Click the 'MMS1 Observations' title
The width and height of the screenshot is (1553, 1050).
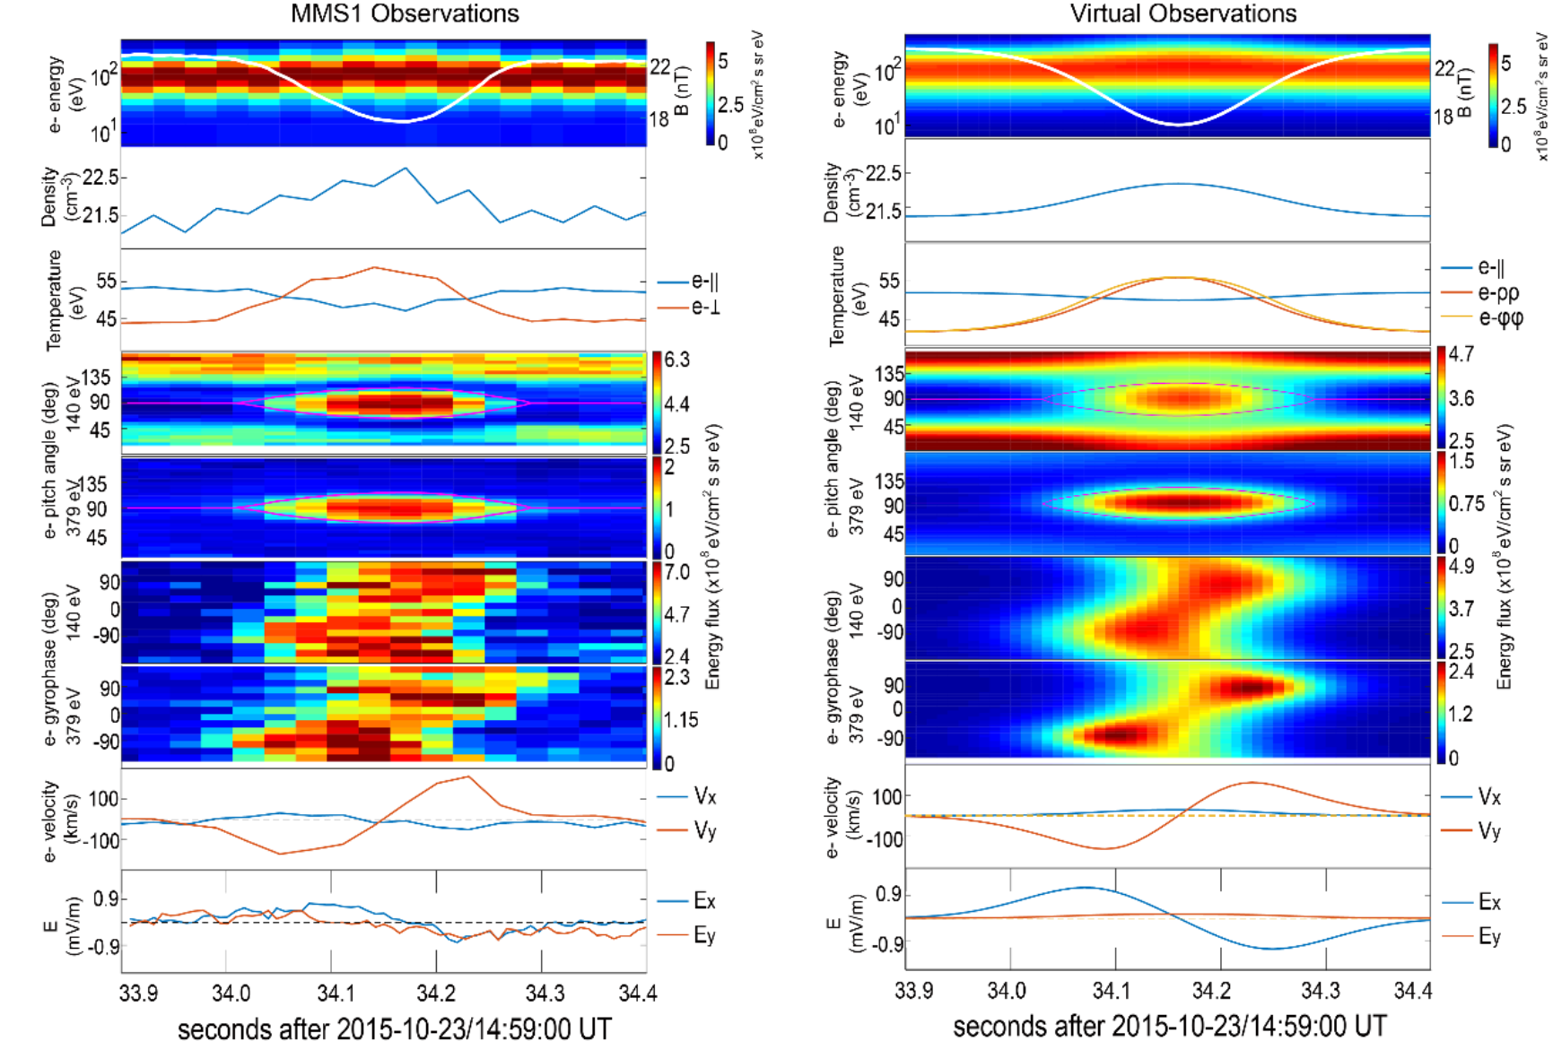click(x=405, y=13)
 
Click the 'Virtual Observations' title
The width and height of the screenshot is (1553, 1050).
click(x=1182, y=13)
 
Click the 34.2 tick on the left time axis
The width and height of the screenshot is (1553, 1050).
click(x=436, y=993)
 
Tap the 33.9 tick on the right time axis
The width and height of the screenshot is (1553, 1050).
click(x=914, y=991)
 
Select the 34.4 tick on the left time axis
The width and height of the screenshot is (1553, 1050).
click(x=638, y=993)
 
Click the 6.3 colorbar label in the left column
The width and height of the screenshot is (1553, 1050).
click(x=676, y=360)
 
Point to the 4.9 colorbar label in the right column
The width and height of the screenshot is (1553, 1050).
click(x=1461, y=567)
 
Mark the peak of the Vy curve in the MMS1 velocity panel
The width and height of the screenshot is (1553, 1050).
click(x=467, y=777)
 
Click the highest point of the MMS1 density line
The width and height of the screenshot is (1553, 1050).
click(x=406, y=168)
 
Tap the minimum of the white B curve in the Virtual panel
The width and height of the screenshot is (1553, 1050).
click(x=1179, y=125)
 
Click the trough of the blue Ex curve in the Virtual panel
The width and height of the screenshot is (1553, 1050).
click(x=1272, y=949)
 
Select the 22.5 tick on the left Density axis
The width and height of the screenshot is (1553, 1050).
click(x=100, y=178)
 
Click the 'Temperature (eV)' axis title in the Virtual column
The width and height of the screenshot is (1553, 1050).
click(x=838, y=296)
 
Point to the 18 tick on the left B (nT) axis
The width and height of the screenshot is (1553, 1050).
click(x=659, y=119)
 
